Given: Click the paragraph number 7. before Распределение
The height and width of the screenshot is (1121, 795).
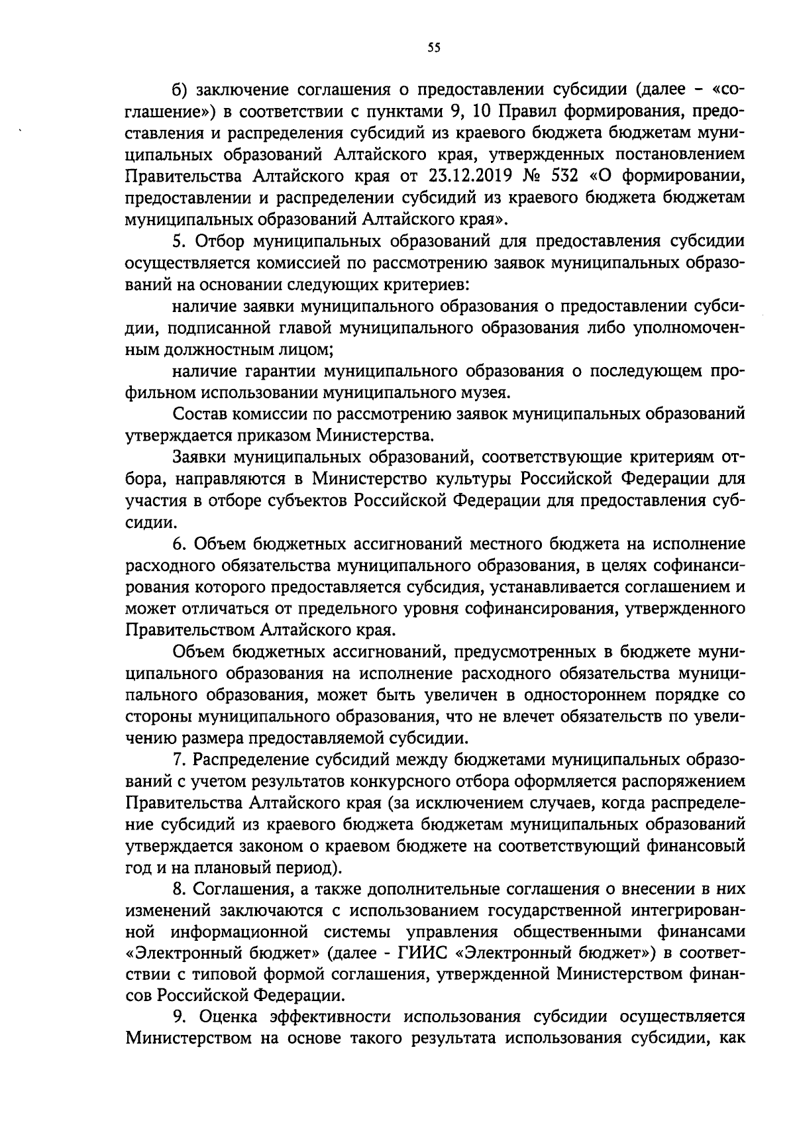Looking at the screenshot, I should [178, 759].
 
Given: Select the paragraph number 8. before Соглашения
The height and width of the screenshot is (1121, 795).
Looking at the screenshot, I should [178, 888].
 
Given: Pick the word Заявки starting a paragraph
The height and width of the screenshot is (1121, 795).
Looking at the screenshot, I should [198, 457].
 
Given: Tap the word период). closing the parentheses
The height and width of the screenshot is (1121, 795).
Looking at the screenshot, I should [311, 867].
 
